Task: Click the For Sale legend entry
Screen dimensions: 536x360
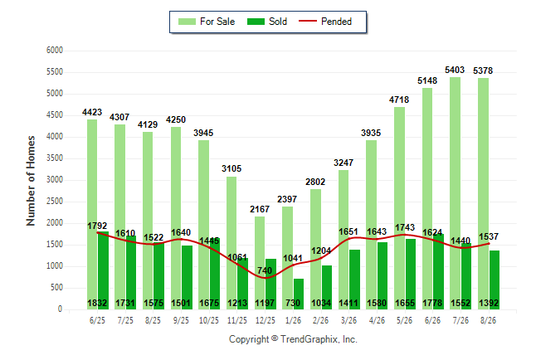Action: click(207, 22)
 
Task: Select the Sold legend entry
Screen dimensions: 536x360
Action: click(267, 22)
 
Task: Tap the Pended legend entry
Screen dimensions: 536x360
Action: click(325, 22)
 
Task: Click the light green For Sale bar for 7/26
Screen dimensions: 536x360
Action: click(455, 193)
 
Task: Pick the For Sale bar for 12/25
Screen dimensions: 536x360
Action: click(260, 263)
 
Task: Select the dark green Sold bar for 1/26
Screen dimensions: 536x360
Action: click(299, 294)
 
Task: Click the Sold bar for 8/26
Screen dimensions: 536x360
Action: click(495, 280)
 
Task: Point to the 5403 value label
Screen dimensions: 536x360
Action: click(455, 70)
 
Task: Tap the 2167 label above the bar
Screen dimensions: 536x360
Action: click(260, 209)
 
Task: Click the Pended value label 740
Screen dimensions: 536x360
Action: click(265, 270)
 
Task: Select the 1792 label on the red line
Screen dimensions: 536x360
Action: click(97, 226)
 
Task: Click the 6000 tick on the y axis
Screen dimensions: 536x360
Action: click(55, 51)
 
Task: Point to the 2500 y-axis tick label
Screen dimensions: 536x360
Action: click(55, 202)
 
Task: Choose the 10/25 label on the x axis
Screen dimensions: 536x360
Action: click(209, 320)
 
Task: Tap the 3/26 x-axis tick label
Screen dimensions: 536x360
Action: click(349, 320)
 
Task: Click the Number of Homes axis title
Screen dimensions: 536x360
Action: click(31, 181)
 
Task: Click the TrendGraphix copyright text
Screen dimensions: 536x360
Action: click(293, 339)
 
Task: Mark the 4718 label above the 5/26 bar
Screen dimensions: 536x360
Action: click(399, 100)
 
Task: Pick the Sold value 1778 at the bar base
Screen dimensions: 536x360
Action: click(432, 304)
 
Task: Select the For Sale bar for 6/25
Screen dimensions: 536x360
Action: click(92, 214)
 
